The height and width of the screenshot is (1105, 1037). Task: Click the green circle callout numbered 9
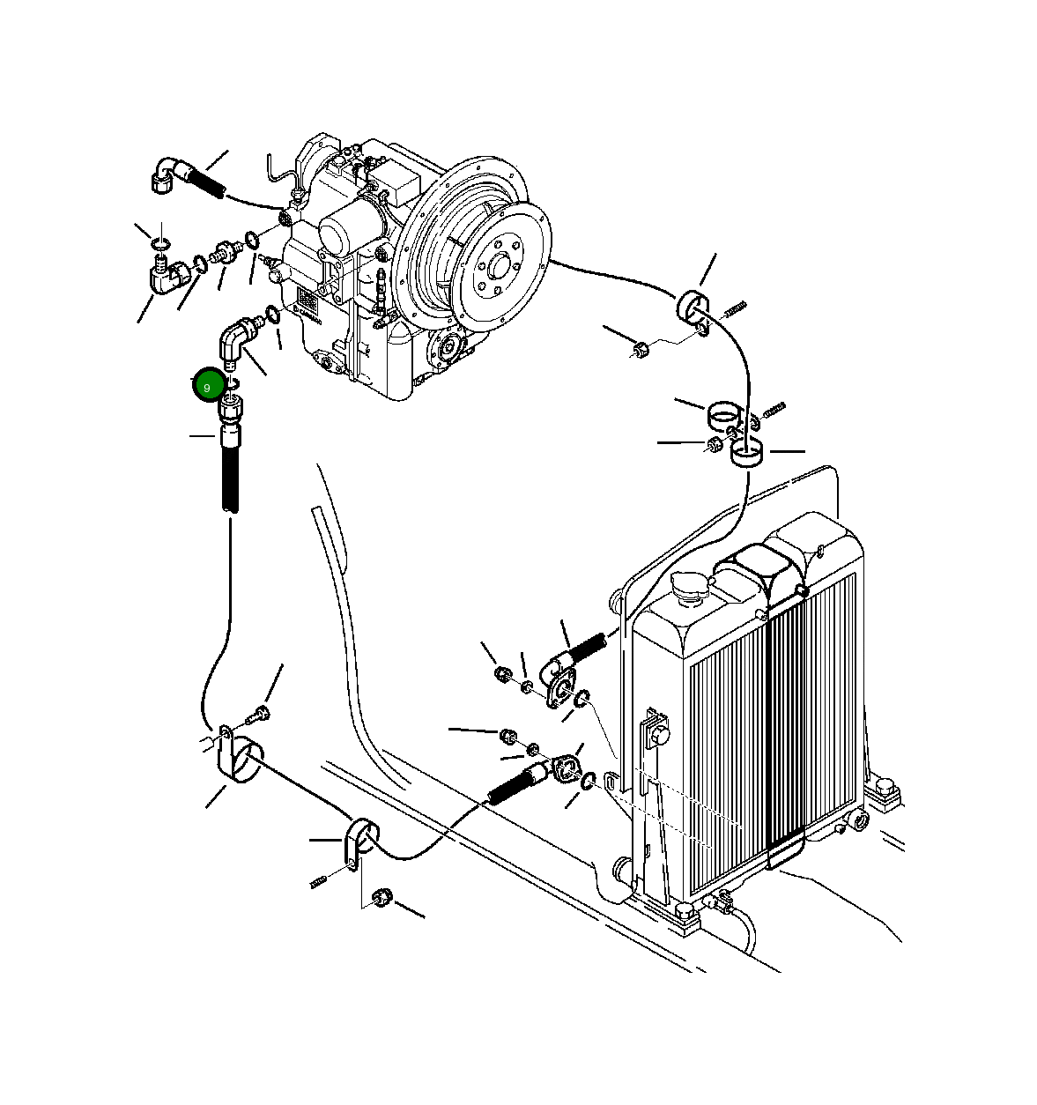(207, 386)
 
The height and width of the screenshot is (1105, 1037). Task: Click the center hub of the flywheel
(499, 264)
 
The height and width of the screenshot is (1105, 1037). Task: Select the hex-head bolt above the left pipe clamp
(262, 711)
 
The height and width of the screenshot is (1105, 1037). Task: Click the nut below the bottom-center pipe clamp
(381, 898)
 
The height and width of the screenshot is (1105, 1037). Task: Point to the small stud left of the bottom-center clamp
(320, 880)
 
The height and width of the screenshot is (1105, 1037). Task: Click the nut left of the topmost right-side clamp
(641, 348)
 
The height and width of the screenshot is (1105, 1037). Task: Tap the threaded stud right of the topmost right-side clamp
(735, 308)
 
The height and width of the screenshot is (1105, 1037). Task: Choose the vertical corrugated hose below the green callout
(229, 476)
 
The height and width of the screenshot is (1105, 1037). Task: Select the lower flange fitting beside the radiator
(565, 768)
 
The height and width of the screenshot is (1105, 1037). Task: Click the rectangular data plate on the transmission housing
(307, 300)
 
